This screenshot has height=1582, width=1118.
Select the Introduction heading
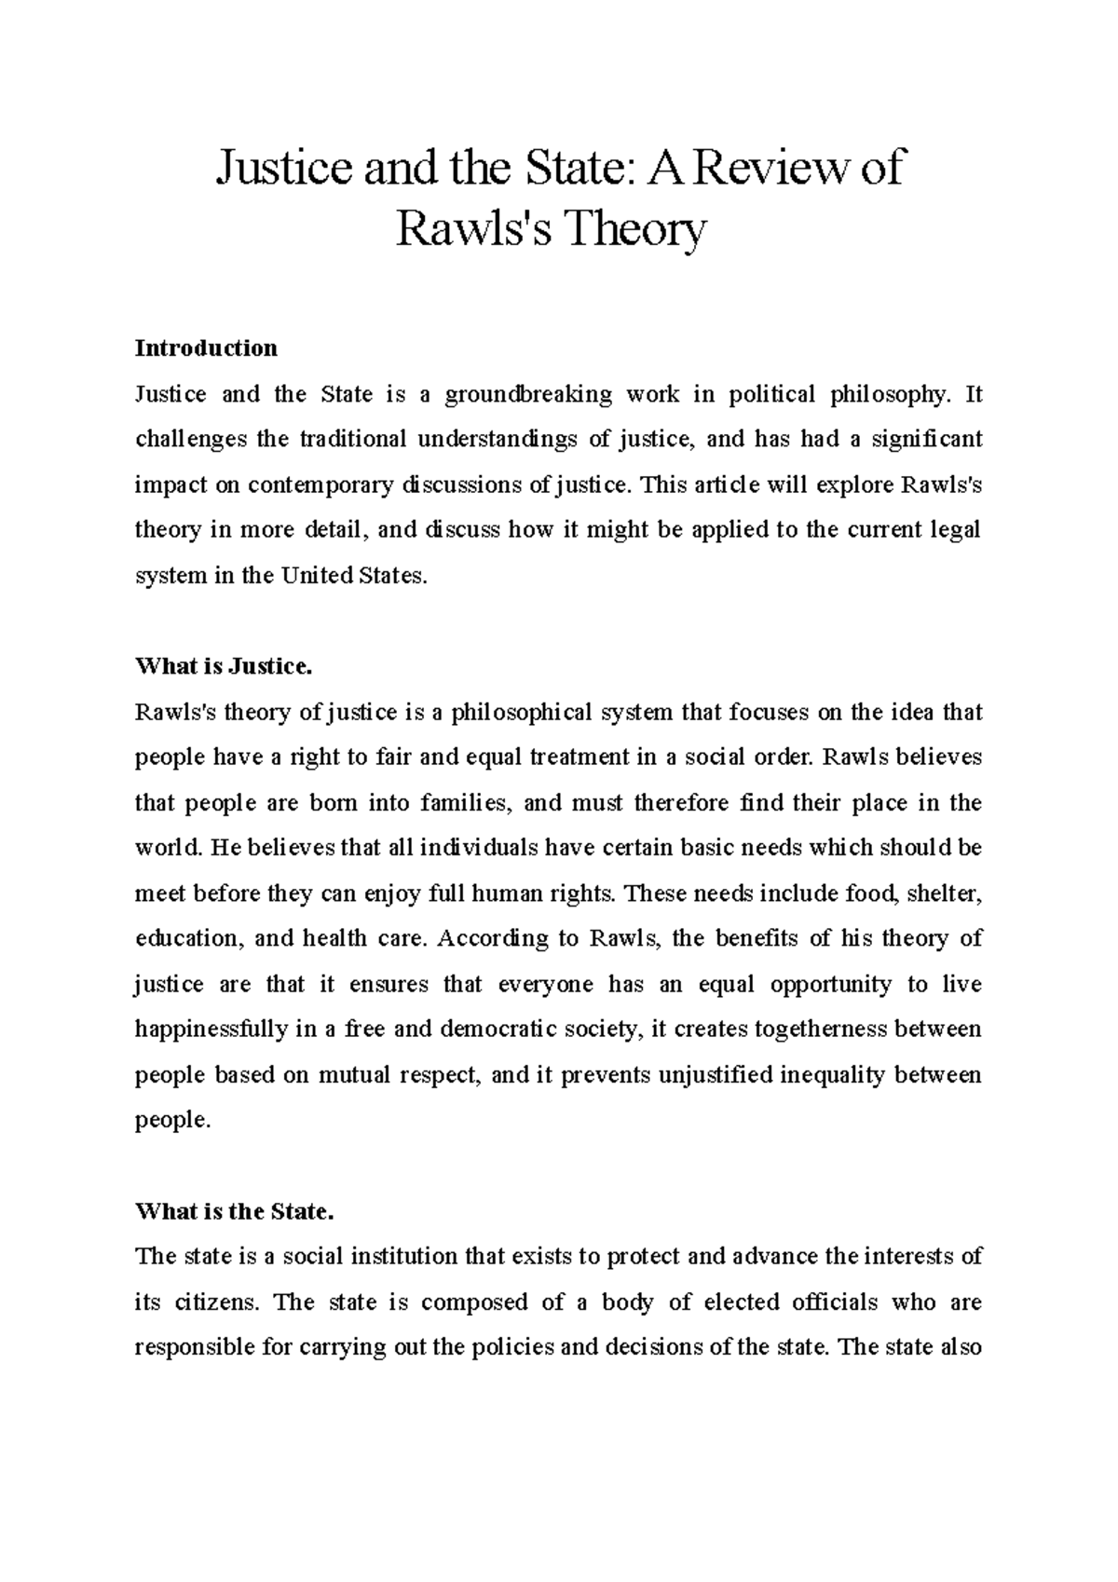pos(206,348)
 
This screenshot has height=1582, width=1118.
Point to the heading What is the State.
pos(234,1212)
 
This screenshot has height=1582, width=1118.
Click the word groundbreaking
pos(528,394)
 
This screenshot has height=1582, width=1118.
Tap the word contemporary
pos(320,484)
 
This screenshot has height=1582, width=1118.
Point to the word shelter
pos(944,894)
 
